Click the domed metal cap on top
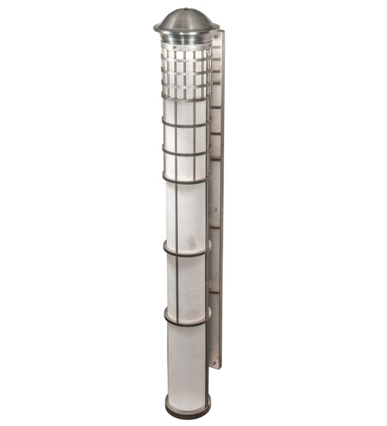(x=186, y=20)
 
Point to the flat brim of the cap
(x=186, y=33)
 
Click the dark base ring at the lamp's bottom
(x=188, y=412)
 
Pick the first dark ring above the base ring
(x=188, y=320)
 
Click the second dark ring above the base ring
(x=187, y=253)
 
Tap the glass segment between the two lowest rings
(x=188, y=286)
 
